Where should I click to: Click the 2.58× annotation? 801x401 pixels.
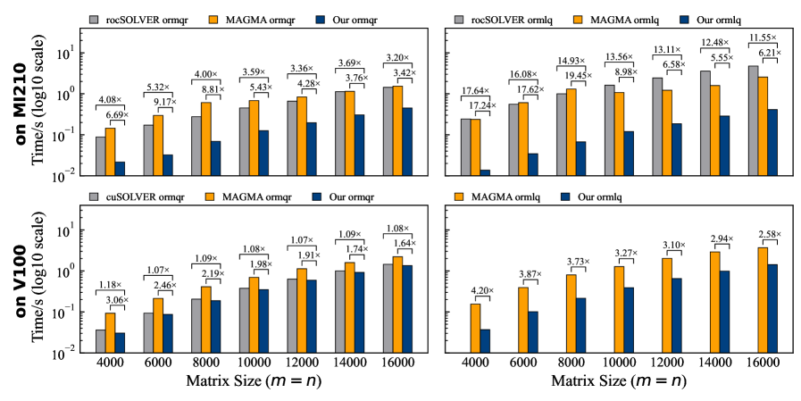(x=768, y=234)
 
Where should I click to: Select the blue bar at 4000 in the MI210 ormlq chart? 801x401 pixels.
(x=485, y=172)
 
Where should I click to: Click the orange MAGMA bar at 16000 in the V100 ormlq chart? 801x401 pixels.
(x=762, y=299)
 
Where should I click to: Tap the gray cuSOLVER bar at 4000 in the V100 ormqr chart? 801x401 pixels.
(x=100, y=341)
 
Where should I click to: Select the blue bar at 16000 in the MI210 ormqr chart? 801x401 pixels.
(x=406, y=141)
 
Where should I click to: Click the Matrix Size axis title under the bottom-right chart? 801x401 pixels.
(x=618, y=383)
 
